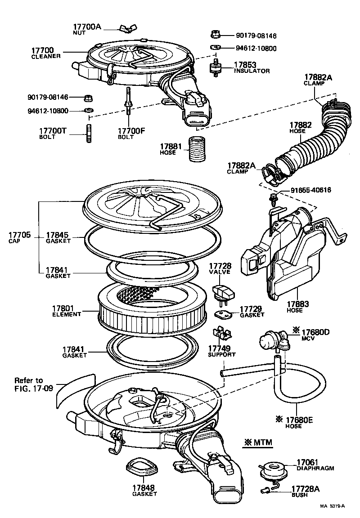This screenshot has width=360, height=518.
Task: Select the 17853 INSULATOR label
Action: click(x=252, y=67)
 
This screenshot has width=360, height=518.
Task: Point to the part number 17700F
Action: click(x=131, y=131)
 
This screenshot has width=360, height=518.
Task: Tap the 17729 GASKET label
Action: click(x=252, y=312)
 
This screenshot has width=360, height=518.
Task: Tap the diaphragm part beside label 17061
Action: click(x=272, y=469)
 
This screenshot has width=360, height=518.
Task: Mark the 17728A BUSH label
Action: click(x=306, y=491)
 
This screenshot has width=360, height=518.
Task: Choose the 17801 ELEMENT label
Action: click(x=66, y=311)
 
